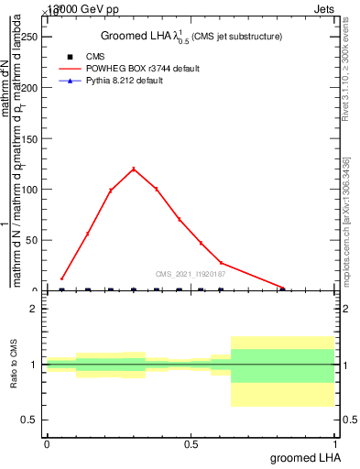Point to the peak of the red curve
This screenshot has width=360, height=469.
click(x=134, y=169)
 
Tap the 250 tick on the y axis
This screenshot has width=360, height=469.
click(x=31, y=37)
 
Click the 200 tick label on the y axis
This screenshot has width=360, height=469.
click(x=31, y=88)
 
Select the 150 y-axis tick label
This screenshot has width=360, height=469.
click(x=31, y=138)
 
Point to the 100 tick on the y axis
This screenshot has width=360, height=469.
click(x=31, y=190)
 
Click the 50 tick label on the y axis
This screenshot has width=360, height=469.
click(x=34, y=240)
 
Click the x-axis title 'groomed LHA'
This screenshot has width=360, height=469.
click(x=302, y=457)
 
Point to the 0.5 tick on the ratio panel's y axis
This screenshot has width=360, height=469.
click(x=30, y=420)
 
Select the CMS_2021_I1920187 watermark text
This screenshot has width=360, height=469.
click(x=191, y=273)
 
